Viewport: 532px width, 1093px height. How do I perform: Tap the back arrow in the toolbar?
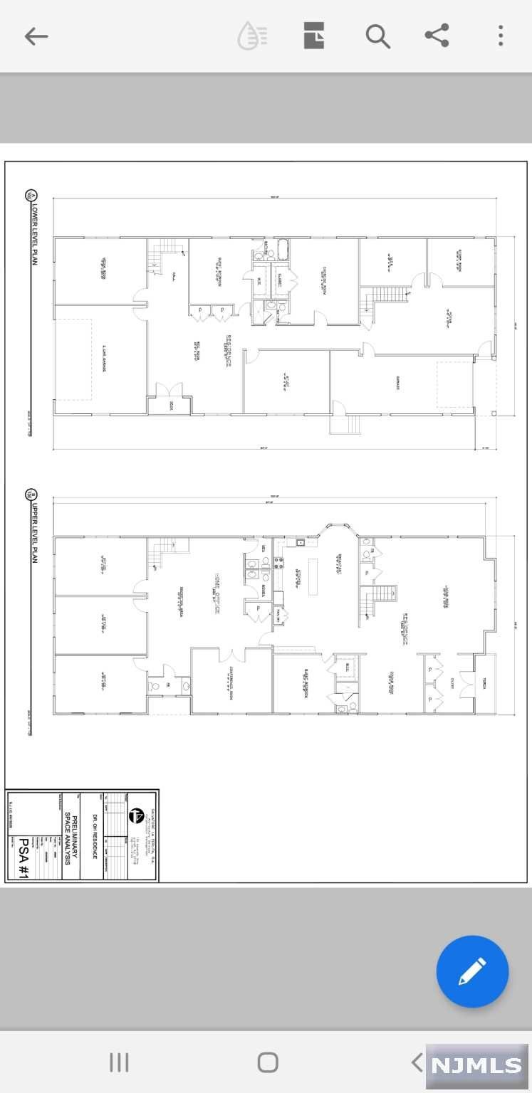[36, 36]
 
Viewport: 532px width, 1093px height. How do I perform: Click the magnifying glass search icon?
[377, 36]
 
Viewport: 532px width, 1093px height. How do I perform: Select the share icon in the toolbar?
[437, 36]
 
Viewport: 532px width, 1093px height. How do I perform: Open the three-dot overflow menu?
[501, 36]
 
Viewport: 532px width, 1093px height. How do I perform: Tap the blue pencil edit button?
[472, 971]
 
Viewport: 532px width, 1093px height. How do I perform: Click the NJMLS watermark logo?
[477, 1065]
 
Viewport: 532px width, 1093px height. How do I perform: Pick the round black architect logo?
[136, 815]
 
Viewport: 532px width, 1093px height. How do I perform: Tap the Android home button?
[267, 1062]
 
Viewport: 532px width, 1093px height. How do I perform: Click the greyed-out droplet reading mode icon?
[251, 36]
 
